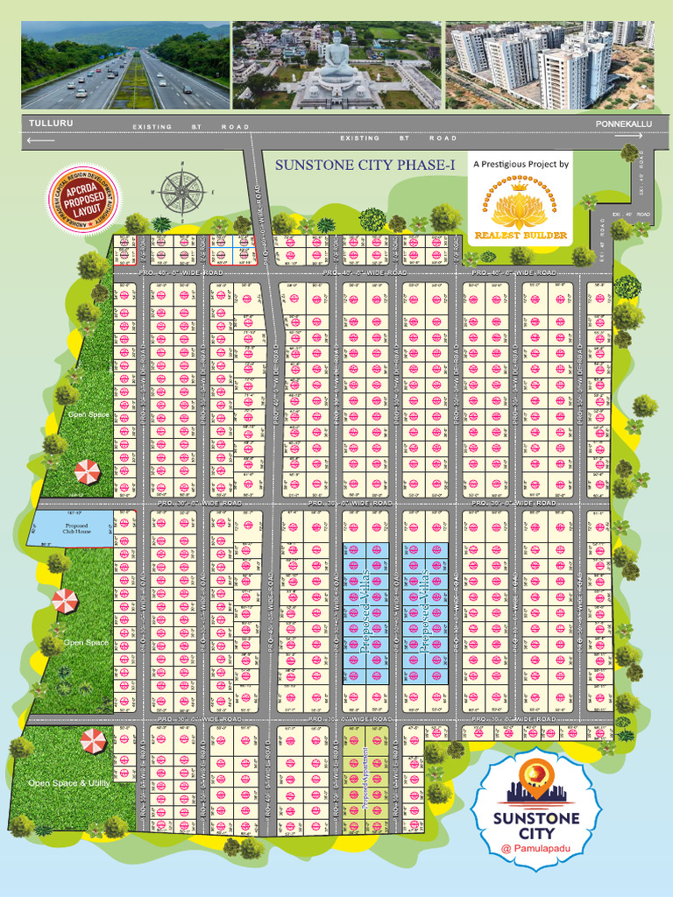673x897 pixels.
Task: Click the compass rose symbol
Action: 182,190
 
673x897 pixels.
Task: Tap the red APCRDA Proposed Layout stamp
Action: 85,198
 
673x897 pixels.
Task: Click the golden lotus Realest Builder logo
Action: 520,208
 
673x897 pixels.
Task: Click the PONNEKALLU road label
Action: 624,124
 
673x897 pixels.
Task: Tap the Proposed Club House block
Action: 70,528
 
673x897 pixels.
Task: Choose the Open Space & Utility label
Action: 68,782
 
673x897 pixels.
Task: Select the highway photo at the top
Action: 125,66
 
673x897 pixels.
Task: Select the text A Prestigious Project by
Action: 521,164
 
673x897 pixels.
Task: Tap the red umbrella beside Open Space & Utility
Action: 93,741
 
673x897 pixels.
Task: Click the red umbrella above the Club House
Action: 87,472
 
